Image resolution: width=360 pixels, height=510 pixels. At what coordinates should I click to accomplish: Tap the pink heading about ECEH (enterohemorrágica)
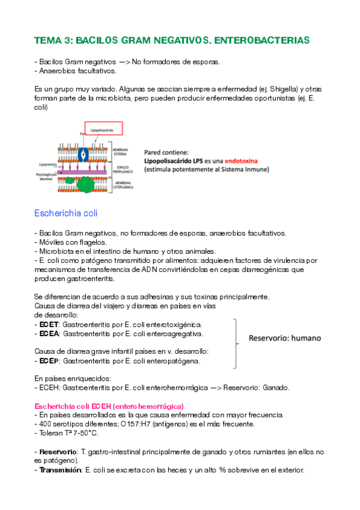(109, 406)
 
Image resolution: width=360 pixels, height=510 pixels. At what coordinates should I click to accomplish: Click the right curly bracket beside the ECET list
(236, 343)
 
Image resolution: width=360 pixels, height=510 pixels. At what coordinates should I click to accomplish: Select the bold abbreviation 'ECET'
(50, 324)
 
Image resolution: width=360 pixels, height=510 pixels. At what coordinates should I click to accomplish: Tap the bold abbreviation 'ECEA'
(50, 333)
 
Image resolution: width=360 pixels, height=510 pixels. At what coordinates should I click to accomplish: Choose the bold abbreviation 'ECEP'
(50, 361)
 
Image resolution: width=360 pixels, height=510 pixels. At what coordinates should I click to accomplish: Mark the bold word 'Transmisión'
(59, 471)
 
